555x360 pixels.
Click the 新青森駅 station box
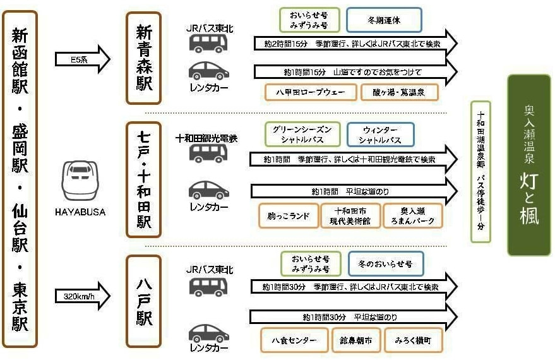pos(144,58)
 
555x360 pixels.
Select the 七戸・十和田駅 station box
pos(144,179)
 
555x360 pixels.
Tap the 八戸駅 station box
pos(144,301)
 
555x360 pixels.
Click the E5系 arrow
pos(83,59)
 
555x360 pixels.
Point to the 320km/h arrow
pos(83,296)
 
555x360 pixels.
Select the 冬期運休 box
pos(384,20)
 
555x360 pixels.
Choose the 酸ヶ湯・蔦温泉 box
pos(400,92)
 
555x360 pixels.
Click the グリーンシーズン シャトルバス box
pos(302,134)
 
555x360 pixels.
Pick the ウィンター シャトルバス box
pos(380,134)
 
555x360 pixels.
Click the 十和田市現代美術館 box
pos(350,215)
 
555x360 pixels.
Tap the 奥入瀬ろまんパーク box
pos(413,215)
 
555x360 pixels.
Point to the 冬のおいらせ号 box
pos(385,263)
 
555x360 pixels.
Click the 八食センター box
pos(294,340)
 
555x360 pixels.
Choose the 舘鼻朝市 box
pos(356,340)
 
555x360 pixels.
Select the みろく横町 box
pos(413,340)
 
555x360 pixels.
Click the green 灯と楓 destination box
pos(528,165)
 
